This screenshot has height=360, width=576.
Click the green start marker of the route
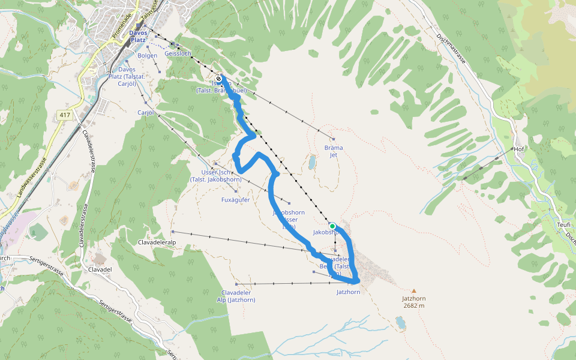pos(332,226)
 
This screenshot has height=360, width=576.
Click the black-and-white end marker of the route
pos(219,79)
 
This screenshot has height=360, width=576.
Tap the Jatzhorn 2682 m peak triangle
pos(413,291)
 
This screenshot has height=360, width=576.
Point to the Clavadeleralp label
pos(160,242)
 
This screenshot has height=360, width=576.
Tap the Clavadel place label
pos(100,269)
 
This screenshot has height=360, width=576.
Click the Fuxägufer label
pos(236,200)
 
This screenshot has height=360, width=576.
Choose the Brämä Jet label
pos(334,151)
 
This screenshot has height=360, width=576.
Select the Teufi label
pos(563,224)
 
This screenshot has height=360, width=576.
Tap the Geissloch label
pos(178,54)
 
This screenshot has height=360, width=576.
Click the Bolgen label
pos(147,56)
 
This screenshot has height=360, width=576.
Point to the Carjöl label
pos(146,112)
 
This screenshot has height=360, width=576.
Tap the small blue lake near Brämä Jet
pos(311,162)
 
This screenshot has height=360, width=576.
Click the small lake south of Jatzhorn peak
pos(400,323)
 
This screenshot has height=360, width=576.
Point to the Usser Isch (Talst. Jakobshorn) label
pos(215,175)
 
